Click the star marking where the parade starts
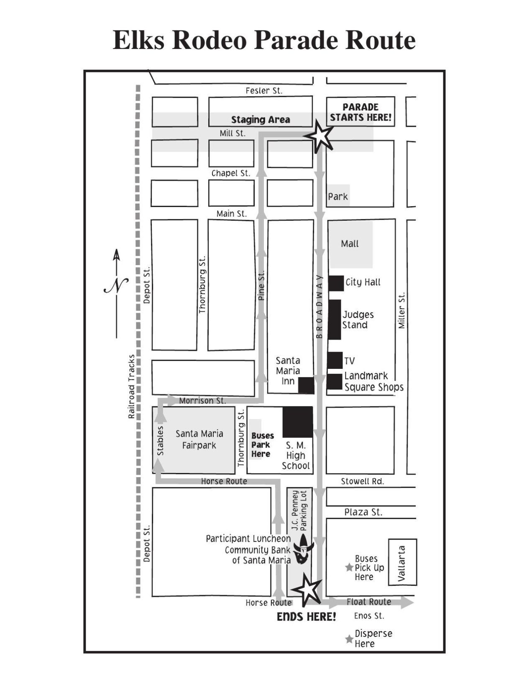click(x=319, y=136)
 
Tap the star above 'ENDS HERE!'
click(x=307, y=589)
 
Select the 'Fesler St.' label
click(x=264, y=90)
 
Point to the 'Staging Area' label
click(x=261, y=120)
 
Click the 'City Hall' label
click(x=363, y=282)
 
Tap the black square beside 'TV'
click(x=335, y=360)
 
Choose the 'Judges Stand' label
click(x=358, y=319)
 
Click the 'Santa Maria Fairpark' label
click(x=199, y=440)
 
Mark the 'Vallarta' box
click(x=402, y=562)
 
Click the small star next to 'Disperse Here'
click(x=349, y=639)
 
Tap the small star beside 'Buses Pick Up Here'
click(x=349, y=567)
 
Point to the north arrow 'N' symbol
click(x=116, y=286)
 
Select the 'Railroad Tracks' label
click(x=132, y=386)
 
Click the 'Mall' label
click(x=350, y=243)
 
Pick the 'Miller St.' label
click(x=401, y=310)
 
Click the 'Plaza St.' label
click(x=363, y=512)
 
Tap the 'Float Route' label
click(x=368, y=602)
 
